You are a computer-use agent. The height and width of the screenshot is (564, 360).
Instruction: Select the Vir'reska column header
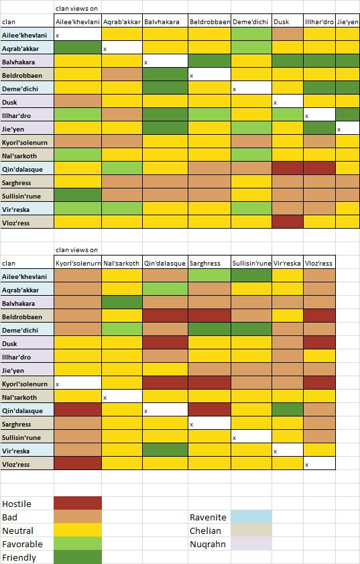coord(288,263)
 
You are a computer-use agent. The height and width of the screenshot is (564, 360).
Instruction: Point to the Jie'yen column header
coord(347,21)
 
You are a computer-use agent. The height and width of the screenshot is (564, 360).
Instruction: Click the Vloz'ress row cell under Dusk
coord(288,221)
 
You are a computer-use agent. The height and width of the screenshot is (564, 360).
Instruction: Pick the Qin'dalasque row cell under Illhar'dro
coord(319,168)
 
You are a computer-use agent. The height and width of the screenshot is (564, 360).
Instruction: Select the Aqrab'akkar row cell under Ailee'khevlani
coord(78,48)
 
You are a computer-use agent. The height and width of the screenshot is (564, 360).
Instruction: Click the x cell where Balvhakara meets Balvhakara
coord(165,61)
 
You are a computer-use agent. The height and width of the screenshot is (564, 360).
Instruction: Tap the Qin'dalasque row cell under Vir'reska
coord(288,410)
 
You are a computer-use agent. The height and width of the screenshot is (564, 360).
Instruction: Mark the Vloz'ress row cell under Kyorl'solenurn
coord(78,463)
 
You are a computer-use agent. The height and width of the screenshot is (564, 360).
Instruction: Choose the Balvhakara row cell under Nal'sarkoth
coord(122,302)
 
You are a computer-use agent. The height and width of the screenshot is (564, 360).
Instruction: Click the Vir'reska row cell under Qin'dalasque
coord(165,449)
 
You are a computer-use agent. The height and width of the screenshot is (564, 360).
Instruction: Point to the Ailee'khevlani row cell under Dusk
coord(288,34)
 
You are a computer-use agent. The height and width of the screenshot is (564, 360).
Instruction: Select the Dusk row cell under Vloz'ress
coord(319,343)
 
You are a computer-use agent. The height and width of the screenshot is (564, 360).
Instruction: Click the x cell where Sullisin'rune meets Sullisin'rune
coord(251,437)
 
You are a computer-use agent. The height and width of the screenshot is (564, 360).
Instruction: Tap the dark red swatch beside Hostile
coord(78,503)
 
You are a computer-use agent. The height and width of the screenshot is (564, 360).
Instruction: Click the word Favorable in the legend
coord(22,544)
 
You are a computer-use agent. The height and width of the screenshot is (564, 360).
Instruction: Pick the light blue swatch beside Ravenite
coord(251,516)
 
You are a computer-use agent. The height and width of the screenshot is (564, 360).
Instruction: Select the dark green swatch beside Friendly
coord(78,557)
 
